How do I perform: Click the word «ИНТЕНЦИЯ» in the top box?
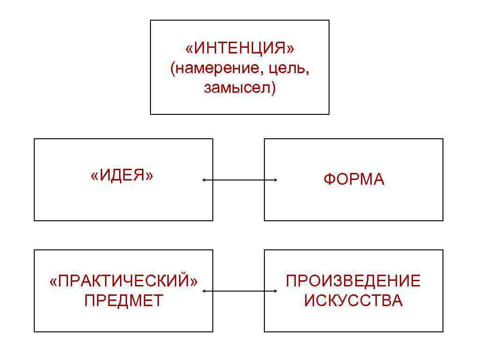coord(240,48)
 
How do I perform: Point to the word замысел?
coord(237,88)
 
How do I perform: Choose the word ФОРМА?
coord(353,180)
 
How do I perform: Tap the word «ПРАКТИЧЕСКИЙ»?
coord(124,281)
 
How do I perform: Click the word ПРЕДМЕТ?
coord(124,300)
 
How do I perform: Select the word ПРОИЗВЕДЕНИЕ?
coord(353,281)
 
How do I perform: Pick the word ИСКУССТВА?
coord(353,300)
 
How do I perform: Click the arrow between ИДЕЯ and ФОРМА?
coord(240,180)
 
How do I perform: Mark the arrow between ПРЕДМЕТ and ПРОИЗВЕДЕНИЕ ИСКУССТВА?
coord(240,291)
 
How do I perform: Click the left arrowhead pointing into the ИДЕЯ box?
coord(204,180)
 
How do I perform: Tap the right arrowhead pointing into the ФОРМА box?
coord(275,180)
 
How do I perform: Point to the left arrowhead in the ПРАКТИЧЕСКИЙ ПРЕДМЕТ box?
coord(204,291)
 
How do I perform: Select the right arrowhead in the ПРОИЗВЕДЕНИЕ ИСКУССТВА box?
coord(275,291)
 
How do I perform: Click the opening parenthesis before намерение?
coord(173,69)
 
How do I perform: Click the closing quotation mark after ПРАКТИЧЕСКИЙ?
coord(194,282)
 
